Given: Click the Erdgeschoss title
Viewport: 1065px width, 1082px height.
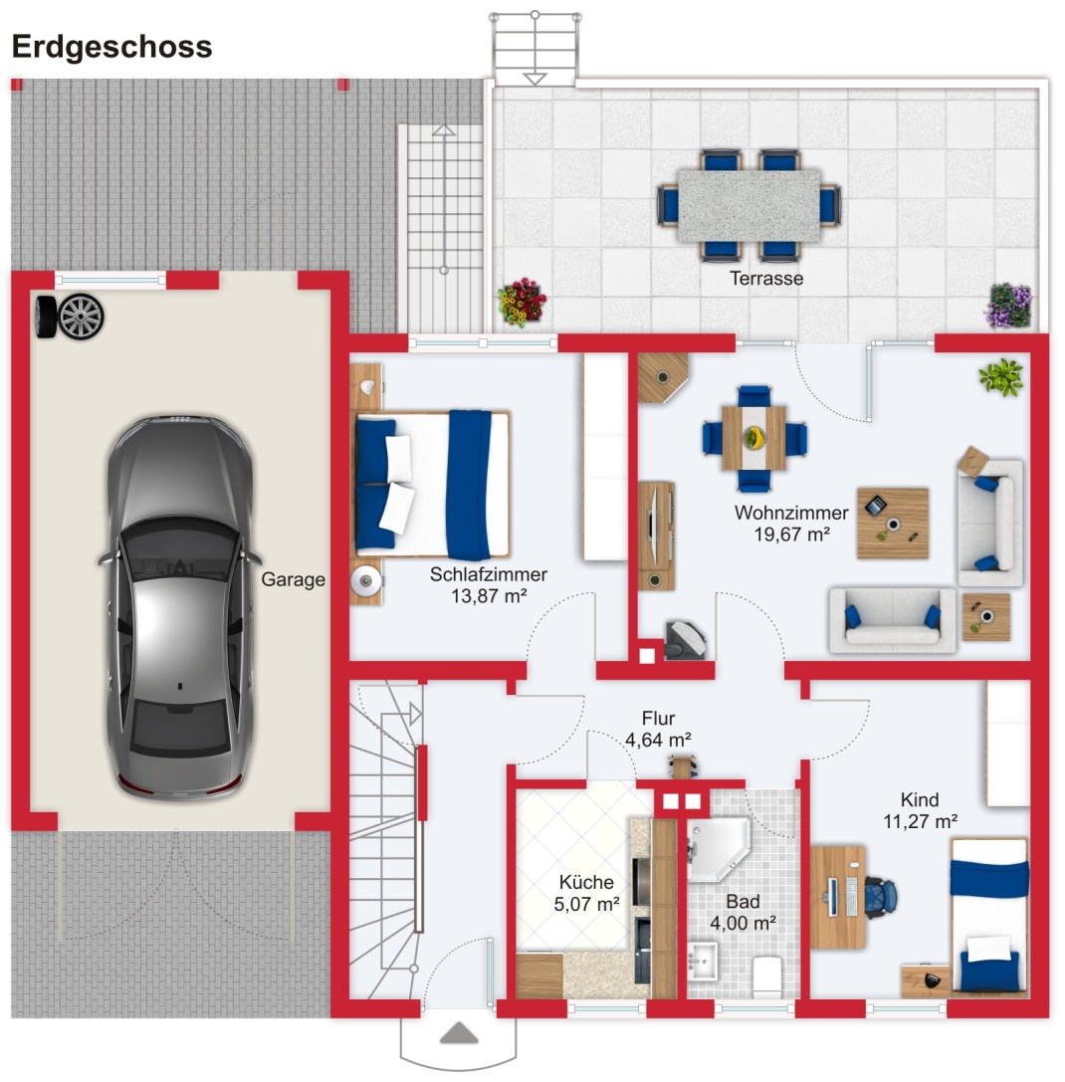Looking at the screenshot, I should pyautogui.click(x=110, y=47).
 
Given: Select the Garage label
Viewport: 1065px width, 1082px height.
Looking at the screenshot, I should pyautogui.click(x=293, y=580).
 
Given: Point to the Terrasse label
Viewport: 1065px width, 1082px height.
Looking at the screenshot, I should pyautogui.click(x=766, y=279).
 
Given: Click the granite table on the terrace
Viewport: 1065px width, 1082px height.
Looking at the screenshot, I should pyautogui.click(x=748, y=205).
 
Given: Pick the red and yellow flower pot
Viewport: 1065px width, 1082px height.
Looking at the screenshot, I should pyautogui.click(x=523, y=301).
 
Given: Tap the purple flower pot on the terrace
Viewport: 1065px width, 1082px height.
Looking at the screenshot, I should pyautogui.click(x=1009, y=305).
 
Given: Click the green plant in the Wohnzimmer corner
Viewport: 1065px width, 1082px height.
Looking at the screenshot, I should pyautogui.click(x=1000, y=377).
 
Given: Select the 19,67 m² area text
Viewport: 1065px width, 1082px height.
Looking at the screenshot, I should pyautogui.click(x=791, y=534).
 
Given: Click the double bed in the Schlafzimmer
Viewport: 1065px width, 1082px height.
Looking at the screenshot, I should pyautogui.click(x=432, y=484).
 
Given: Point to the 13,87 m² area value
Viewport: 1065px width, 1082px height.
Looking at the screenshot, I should pyautogui.click(x=488, y=595).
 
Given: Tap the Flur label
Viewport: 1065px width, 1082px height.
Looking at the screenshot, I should pyautogui.click(x=658, y=719).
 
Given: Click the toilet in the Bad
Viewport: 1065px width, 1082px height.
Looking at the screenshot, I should pyautogui.click(x=767, y=975).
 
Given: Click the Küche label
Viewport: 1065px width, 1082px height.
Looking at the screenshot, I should pyautogui.click(x=586, y=882).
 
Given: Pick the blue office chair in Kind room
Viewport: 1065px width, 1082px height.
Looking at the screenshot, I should pyautogui.click(x=880, y=893).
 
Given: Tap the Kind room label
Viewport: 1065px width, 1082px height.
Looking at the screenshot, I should pyautogui.click(x=919, y=799).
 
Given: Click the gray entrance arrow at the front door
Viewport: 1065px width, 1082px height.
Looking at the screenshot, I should pyautogui.click(x=458, y=1032).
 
